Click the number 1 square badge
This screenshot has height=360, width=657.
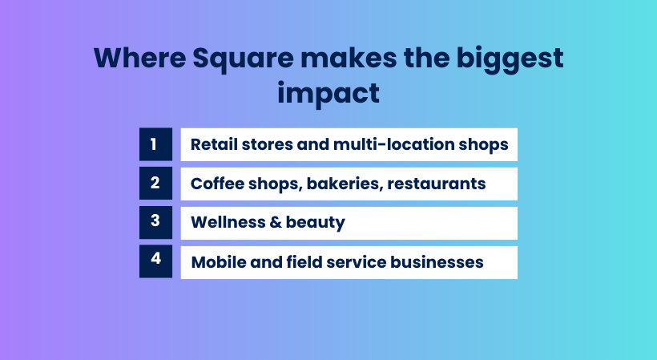(155, 144)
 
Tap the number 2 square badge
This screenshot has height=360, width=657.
(155, 184)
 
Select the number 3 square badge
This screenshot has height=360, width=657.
(155, 222)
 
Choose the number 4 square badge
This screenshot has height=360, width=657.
(155, 261)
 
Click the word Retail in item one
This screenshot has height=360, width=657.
(211, 145)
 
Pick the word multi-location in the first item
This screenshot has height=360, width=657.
(406, 145)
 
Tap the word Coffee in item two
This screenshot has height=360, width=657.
(215, 184)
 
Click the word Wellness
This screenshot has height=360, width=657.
(224, 223)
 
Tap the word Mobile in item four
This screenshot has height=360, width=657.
(214, 262)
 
